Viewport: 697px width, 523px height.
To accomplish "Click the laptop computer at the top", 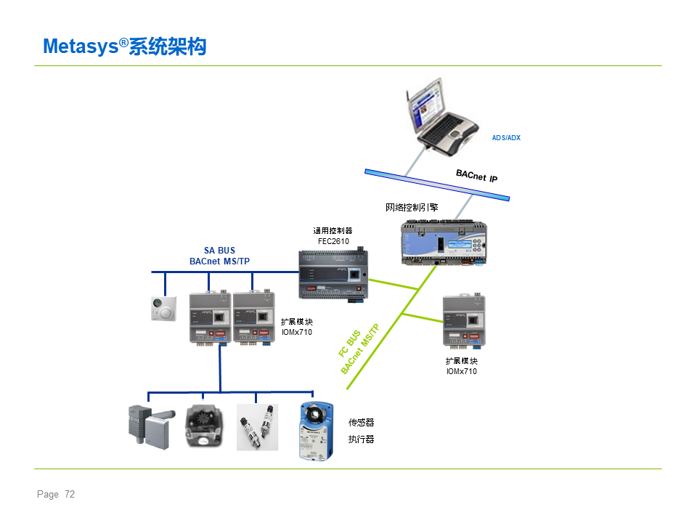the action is (442, 117).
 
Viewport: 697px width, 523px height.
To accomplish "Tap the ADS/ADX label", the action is (506, 138).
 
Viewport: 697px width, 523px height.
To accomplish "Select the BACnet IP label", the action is (476, 176).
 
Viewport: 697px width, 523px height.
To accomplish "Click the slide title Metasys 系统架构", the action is (124, 46).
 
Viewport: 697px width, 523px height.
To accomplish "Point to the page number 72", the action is (70, 494).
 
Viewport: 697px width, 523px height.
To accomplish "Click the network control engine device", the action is (444, 243).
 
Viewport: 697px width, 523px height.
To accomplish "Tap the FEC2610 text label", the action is (333, 241).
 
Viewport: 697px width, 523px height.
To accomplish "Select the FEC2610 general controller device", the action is (333, 275).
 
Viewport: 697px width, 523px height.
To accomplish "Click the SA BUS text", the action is (219, 251).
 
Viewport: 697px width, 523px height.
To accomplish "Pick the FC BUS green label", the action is (349, 344).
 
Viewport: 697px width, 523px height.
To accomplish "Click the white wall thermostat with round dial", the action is (163, 308).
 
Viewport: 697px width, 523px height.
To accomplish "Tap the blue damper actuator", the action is (316, 431).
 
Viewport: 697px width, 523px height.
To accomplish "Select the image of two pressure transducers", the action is (257, 427).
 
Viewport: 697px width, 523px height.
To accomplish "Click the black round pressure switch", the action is (204, 426).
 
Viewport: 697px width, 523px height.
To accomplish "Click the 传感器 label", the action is (361, 423).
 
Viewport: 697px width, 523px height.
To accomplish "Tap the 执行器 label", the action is (361, 439).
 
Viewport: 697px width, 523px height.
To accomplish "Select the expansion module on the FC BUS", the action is (464, 320).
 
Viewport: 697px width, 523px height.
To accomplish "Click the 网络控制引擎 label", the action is (412, 207).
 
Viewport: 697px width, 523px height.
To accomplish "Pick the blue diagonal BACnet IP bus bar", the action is (437, 185).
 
